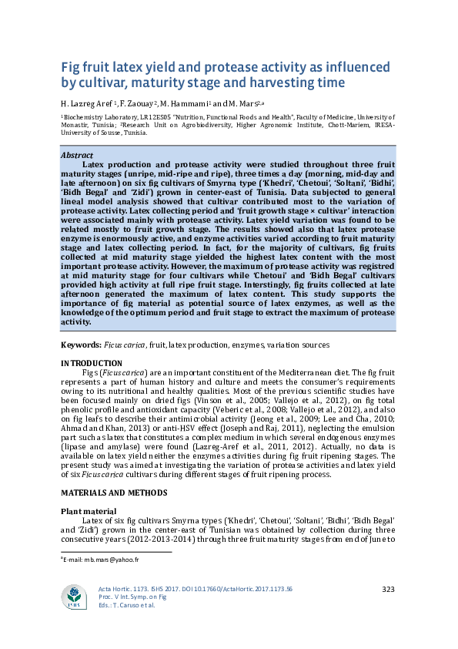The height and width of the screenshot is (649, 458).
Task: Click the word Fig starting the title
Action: pos(72,66)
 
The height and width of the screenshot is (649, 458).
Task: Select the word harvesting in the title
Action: pos(279,82)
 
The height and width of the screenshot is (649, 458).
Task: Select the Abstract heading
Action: pos(78,156)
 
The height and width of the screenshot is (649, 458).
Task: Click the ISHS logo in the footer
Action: pos(75,597)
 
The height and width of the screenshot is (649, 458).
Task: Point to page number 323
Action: pos(388,590)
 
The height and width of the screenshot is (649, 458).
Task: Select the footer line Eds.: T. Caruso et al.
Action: pos(127,605)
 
